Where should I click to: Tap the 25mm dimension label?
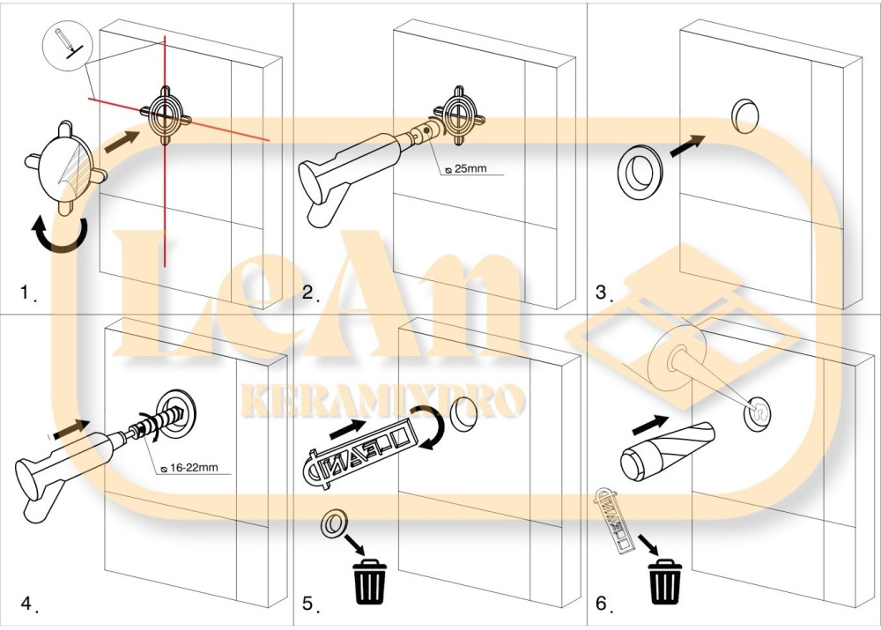[466, 168]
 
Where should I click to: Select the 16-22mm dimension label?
[189, 467]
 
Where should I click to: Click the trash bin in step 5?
[369, 581]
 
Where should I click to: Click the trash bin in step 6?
[664, 582]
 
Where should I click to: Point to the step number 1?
[26, 293]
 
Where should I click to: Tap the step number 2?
[309, 293]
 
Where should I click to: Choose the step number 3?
[603, 293]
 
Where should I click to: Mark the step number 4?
[28, 604]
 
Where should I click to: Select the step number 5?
[309, 604]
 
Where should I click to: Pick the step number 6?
[603, 604]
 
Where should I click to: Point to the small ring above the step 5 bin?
[334, 523]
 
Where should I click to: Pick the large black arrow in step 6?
[650, 425]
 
